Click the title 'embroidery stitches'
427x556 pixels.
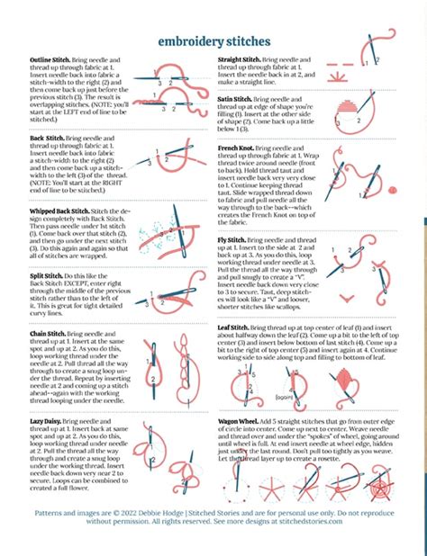[x=213, y=41]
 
